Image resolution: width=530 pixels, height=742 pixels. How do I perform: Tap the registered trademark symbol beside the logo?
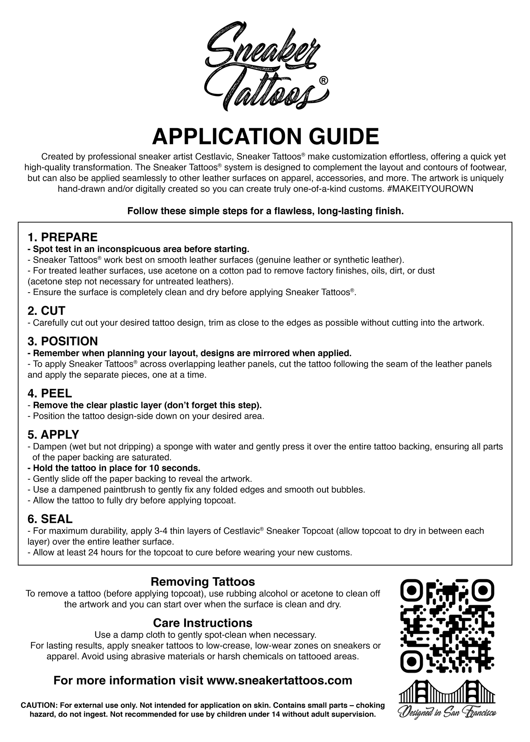coord(323,81)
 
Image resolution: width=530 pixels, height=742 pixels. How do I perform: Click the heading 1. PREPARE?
coord(63,237)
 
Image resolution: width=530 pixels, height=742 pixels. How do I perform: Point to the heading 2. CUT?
coord(46,311)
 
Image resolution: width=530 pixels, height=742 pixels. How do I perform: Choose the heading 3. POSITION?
coord(63,341)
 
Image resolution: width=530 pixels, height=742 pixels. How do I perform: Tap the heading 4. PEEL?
coord(49,393)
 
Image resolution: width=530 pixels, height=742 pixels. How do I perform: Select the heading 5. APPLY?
coord(53,434)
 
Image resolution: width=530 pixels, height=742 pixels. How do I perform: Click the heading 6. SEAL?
coord(50,519)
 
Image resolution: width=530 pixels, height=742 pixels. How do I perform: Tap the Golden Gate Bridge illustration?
coord(447,692)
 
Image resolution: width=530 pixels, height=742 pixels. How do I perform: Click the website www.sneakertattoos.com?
coord(279,680)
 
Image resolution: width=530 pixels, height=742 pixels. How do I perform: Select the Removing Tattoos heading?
coord(203,581)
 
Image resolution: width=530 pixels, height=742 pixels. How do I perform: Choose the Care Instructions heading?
coord(203,622)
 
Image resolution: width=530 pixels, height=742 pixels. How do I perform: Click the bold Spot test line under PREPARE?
coord(139,249)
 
